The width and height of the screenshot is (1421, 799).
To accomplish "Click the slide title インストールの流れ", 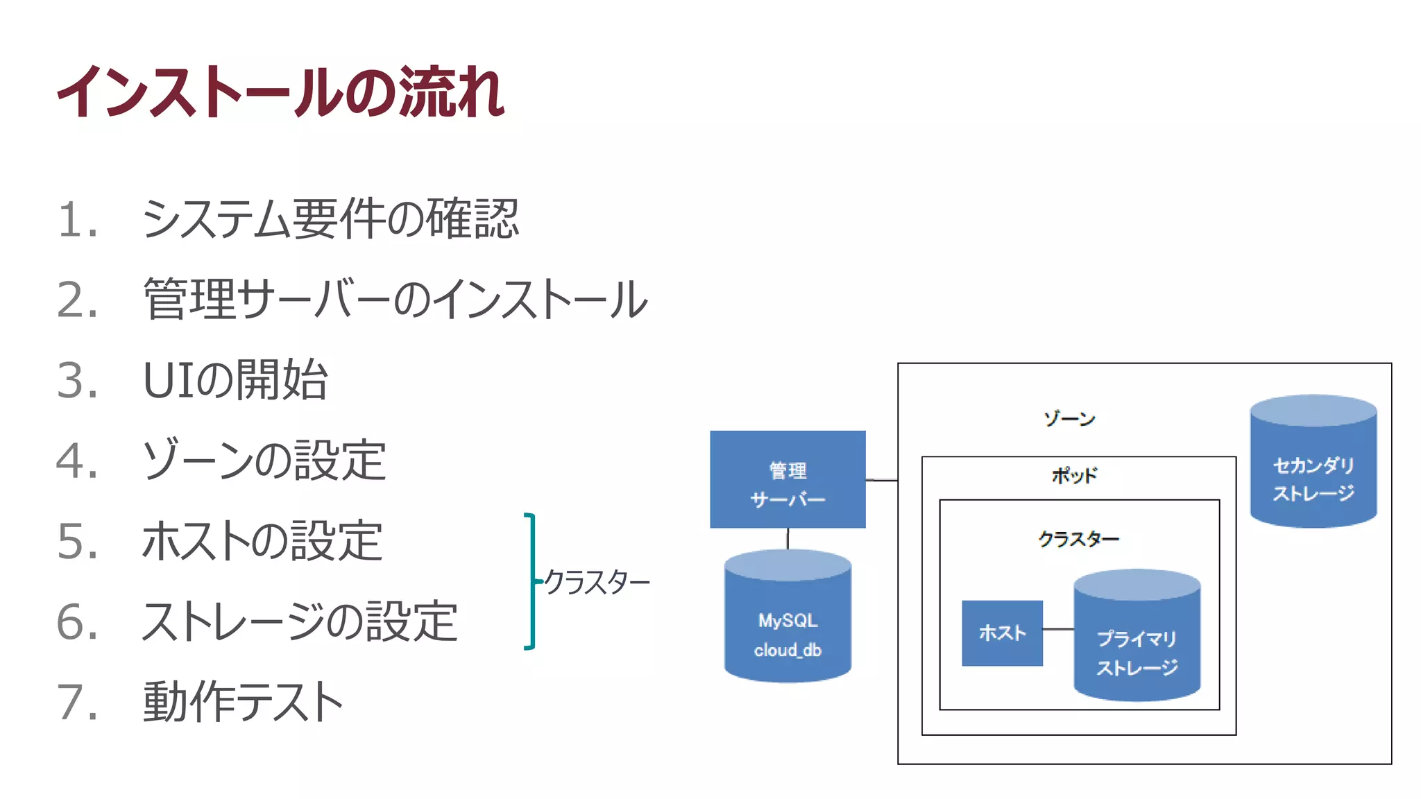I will point(280,92).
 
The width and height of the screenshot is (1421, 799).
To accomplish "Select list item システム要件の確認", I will point(330,219).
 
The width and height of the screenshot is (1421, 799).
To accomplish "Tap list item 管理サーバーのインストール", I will point(395,300).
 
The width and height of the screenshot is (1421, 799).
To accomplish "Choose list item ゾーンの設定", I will point(264,461).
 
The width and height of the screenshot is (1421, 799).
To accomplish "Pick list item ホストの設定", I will point(262,541).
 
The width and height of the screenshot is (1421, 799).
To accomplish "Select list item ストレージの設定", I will point(299,621).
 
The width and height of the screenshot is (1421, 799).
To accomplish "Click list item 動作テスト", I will point(243,702).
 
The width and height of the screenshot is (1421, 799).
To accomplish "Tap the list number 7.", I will point(76,703).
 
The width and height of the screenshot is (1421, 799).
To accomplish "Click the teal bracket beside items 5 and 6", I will point(531,581).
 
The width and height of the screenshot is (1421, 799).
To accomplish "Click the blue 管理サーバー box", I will point(788,479).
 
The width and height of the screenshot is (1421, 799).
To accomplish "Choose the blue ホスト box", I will point(1002,633).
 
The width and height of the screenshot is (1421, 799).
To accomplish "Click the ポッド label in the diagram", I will point(1074,476).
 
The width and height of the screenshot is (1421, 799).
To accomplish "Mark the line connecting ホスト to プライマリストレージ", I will point(1058,629).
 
